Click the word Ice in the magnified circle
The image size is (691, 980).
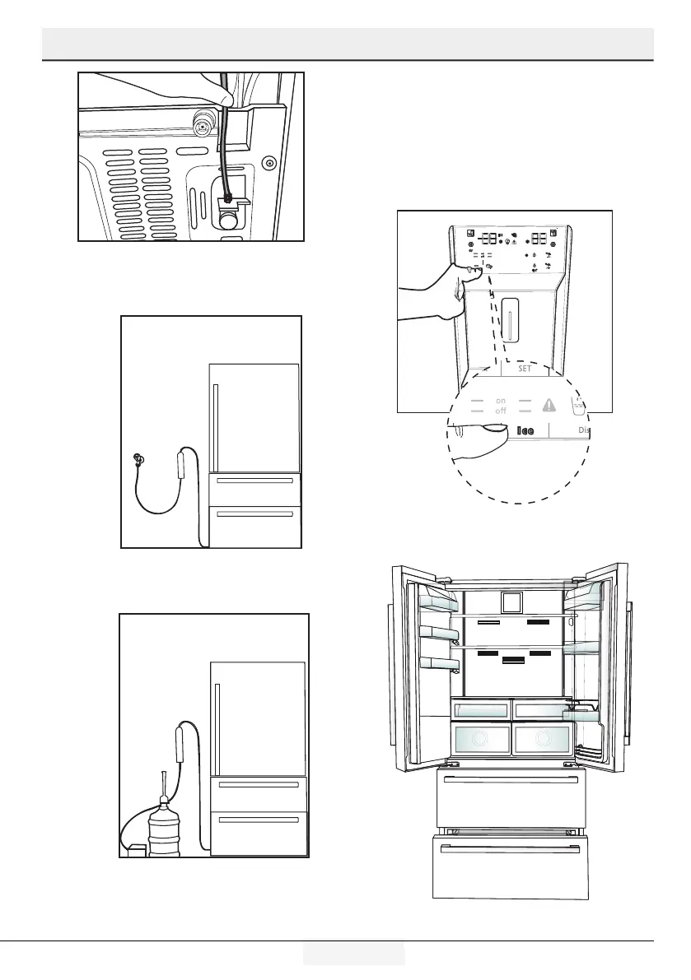(525, 429)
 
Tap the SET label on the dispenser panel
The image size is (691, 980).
(525, 369)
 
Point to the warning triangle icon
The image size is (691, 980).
(549, 404)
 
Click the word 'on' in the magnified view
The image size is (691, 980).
(500, 401)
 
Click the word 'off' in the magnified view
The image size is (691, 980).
(500, 411)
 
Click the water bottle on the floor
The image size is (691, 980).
(163, 828)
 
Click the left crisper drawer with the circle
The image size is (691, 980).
(479, 738)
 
